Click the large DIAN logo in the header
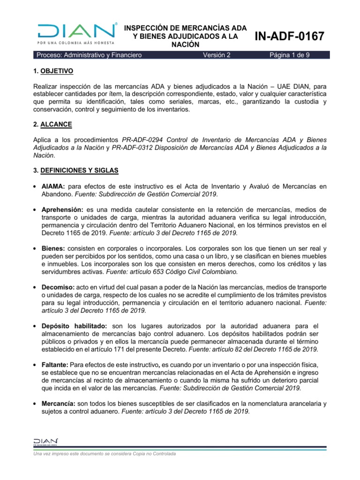tap(77, 32)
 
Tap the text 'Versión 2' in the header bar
tap(217, 55)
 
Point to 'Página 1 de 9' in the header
tap(289, 55)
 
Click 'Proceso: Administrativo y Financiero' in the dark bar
tap(89, 55)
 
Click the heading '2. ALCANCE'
tap(53, 125)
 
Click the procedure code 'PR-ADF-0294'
tap(143, 140)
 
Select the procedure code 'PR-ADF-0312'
tap(135, 147)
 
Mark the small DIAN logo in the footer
tap(45, 442)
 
